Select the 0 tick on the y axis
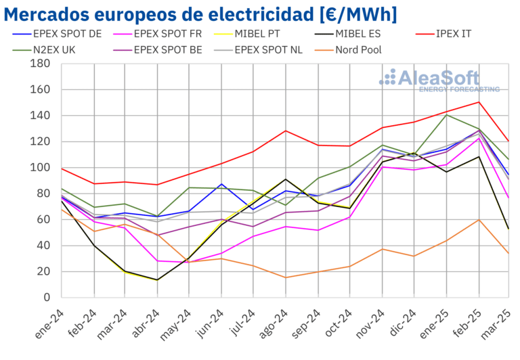(47, 298)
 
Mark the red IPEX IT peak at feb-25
(479, 102)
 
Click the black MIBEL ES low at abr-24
(157, 280)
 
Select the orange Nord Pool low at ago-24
(286, 277)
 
